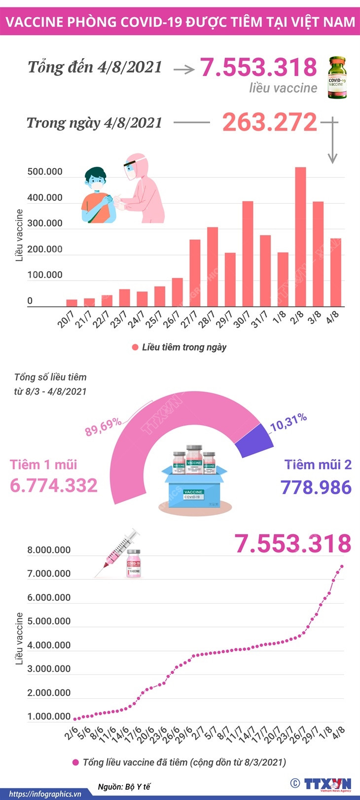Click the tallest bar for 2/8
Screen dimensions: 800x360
pyautogui.click(x=300, y=237)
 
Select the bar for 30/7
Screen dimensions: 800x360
pyautogui.click(x=248, y=254)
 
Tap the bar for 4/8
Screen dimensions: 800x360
pyautogui.click(x=336, y=272)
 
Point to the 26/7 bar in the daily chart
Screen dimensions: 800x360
pyautogui.click(x=178, y=292)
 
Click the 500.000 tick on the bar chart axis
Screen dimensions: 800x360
pyautogui.click(x=45, y=172)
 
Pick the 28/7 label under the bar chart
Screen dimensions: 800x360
pyautogui.click(x=206, y=319)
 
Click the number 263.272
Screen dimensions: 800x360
pyautogui.click(x=269, y=122)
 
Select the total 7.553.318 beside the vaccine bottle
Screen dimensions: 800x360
pyautogui.click(x=258, y=67)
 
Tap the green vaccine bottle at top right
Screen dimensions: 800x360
pyautogui.click(x=337, y=77)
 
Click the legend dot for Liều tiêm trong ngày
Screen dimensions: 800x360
pyautogui.click(x=135, y=347)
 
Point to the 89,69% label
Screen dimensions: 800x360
pyautogui.click(x=103, y=427)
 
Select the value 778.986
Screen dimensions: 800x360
pyautogui.click(x=316, y=487)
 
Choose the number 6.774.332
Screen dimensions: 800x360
pyautogui.click(x=54, y=485)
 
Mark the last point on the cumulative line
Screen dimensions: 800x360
pyautogui.click(x=342, y=566)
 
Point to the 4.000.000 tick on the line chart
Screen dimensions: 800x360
pyautogui.click(x=49, y=645)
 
